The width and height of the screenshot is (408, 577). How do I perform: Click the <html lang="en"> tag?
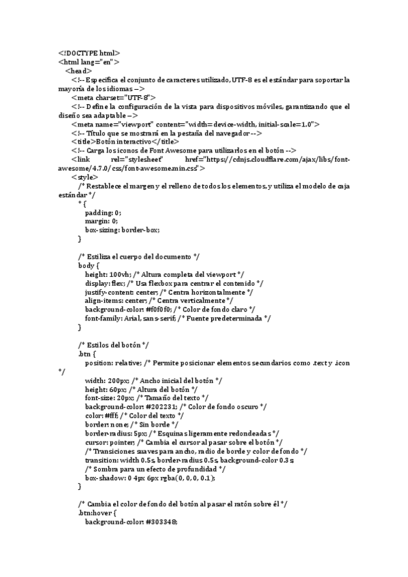[x=89, y=61]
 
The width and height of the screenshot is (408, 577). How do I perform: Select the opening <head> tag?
[x=79, y=70]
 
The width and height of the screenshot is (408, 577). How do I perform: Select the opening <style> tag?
[x=84, y=177]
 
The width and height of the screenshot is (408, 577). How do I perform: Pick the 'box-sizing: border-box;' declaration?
[x=122, y=230]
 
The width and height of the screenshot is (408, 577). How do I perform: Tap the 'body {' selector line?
[x=89, y=265]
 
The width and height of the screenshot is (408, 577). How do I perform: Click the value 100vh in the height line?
[x=118, y=274]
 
